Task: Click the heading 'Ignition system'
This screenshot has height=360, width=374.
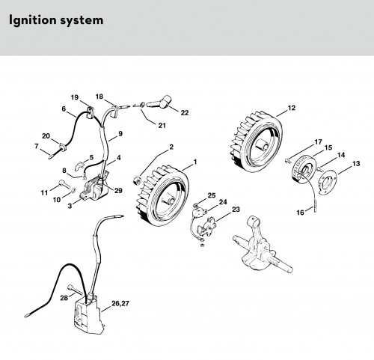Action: point(56,20)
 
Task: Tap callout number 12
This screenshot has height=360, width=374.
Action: point(291,108)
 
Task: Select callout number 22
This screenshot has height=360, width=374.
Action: point(185,113)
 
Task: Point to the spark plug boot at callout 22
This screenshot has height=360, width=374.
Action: point(159,102)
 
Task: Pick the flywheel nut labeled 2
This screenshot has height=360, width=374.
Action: point(137,180)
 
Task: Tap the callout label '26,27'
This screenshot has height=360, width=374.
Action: point(120,303)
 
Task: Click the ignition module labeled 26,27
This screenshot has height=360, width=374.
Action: point(88,315)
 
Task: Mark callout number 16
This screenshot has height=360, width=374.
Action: point(301,213)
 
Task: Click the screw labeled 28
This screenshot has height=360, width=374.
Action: point(74,290)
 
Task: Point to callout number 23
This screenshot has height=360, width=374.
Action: point(236,210)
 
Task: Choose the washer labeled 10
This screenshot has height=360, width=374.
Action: point(73,191)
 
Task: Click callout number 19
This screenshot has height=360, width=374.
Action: point(74,97)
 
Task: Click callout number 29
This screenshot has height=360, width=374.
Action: point(118,191)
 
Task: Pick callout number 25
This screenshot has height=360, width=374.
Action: point(212,195)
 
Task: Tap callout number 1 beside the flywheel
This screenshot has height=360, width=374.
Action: point(195,162)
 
